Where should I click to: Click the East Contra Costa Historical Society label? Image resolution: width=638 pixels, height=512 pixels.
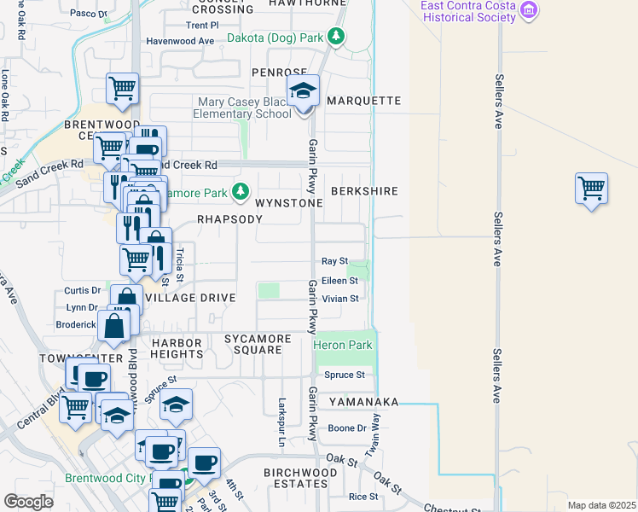coord(468,11)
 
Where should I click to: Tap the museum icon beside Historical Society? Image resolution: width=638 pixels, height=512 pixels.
coord(529,10)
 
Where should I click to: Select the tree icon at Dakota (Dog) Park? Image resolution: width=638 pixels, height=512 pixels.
coord(337,38)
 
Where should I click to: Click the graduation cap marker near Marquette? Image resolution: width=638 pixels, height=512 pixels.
coord(303,90)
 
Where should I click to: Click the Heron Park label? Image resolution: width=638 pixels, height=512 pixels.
coord(343,345)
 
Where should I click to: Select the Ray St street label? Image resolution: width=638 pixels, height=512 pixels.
coord(334,260)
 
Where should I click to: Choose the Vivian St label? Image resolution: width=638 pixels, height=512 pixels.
coord(339,299)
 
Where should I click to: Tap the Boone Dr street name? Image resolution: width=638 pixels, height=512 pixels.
coord(347,428)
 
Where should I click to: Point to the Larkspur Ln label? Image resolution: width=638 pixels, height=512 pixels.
coord(281,422)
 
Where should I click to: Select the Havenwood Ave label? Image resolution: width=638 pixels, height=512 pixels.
coord(180,40)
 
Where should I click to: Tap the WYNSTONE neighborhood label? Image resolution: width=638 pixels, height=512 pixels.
coord(288,203)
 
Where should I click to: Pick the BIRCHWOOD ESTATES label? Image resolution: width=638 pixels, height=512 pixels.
coord(300,478)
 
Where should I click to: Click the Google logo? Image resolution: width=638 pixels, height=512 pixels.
coord(28,502)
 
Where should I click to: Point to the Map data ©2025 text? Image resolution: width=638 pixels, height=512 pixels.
coord(600,505)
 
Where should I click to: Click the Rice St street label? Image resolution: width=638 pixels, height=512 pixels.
coord(362,497)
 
